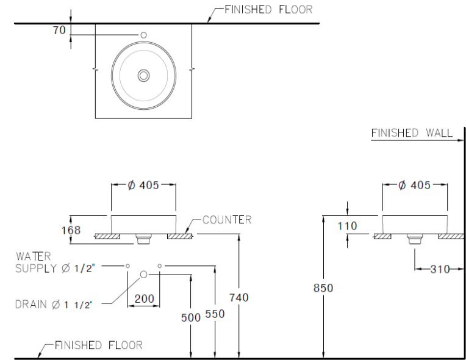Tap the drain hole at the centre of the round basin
tap(144, 75)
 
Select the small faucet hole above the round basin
tap(144, 35)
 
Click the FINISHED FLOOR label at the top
tap(268, 9)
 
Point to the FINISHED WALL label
tap(412, 132)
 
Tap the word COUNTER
tap(227, 220)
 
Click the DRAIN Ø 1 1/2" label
tap(54, 304)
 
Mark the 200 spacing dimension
tap(144, 299)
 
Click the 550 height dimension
tap(215, 314)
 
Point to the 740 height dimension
tap(238, 297)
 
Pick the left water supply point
tap(128, 266)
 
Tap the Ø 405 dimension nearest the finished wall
tap(414, 185)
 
